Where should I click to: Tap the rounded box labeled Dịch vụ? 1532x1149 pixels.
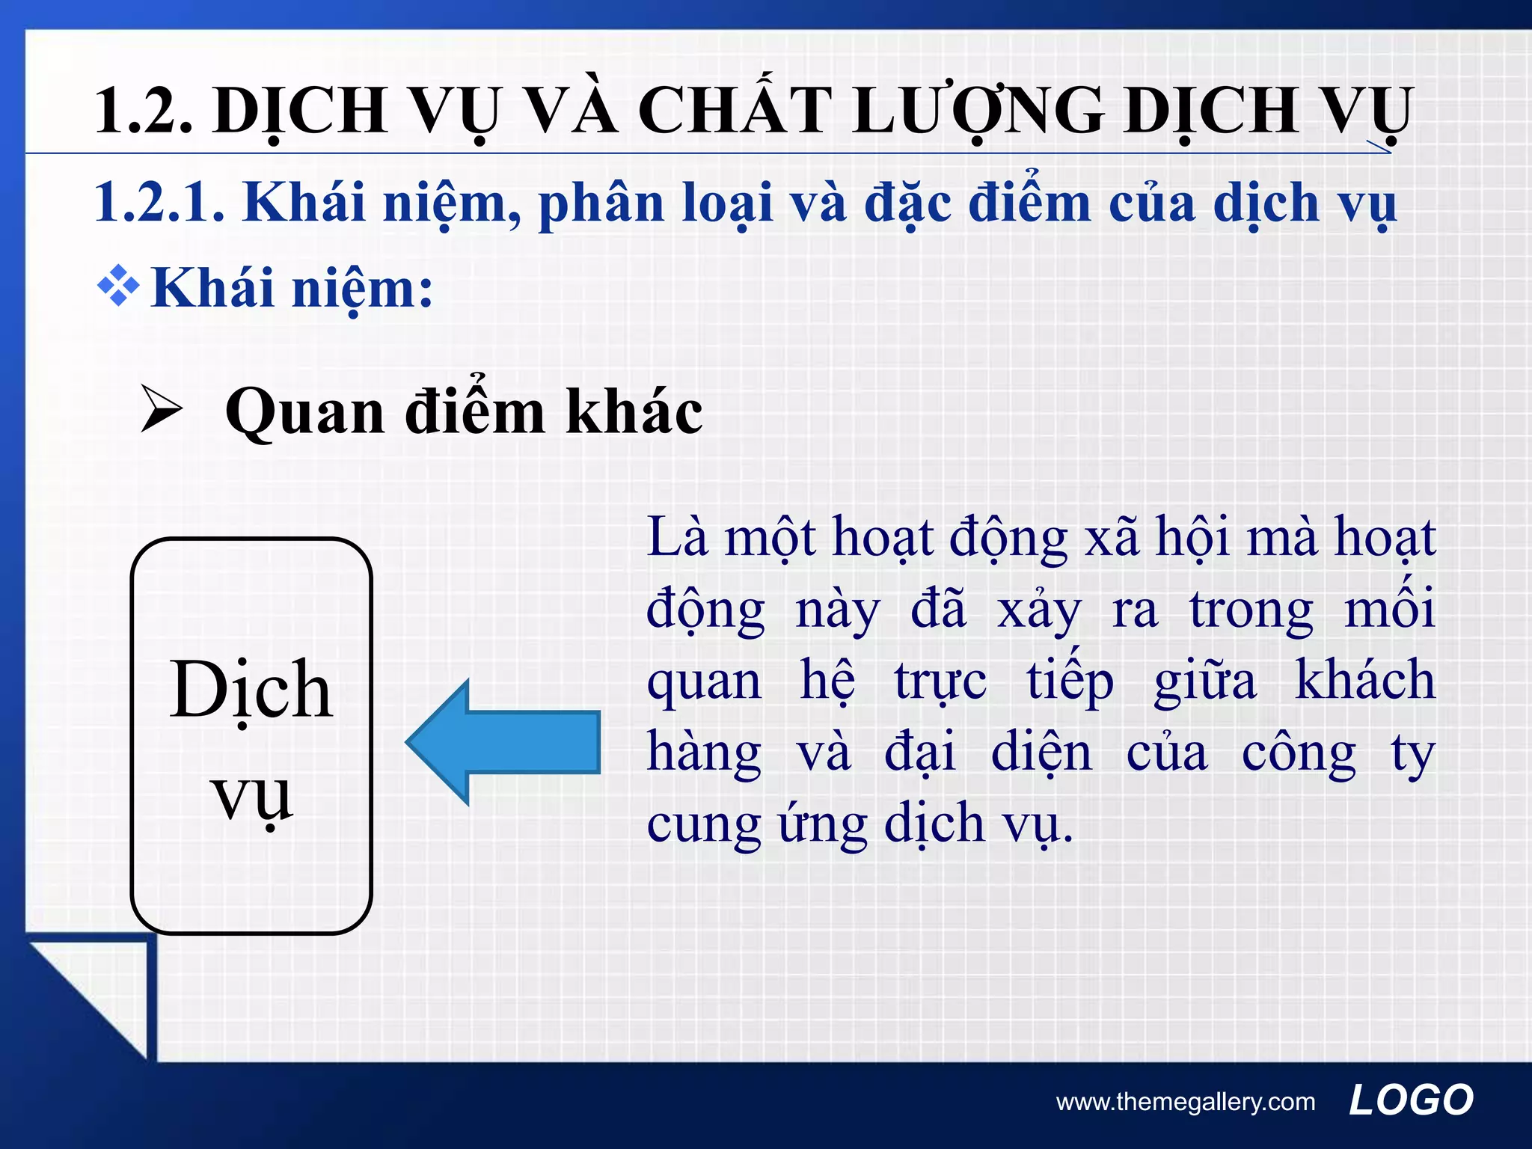[251, 736]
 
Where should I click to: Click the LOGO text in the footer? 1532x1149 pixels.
[1411, 1100]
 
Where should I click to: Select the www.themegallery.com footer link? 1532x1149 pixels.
[1186, 1102]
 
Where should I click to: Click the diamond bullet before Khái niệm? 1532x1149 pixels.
[118, 287]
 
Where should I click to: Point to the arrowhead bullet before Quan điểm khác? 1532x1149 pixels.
[162, 411]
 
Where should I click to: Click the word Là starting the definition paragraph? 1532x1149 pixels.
[678, 536]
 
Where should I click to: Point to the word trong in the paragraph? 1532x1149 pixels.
[1251, 610]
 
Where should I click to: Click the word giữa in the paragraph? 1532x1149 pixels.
[1205, 681]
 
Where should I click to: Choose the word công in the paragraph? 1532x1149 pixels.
[1299, 753]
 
